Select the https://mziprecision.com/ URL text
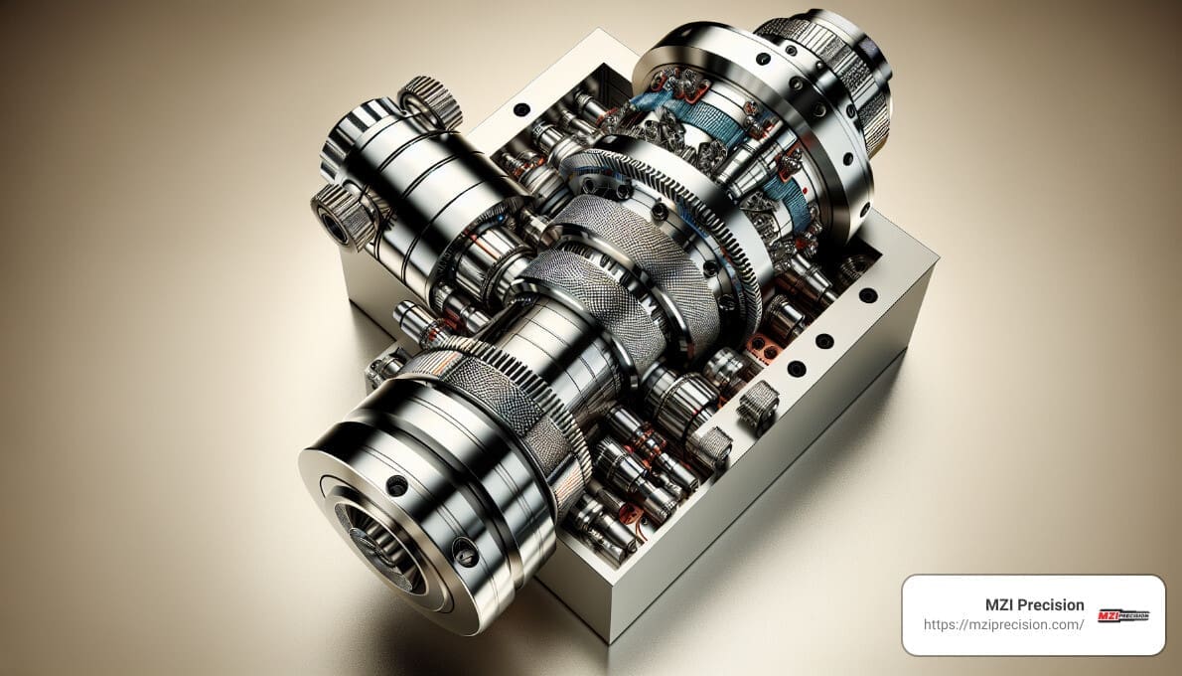[1003, 625]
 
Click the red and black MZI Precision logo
[1122, 615]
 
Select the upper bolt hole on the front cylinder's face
[396, 486]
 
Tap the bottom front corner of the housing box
[607, 636]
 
